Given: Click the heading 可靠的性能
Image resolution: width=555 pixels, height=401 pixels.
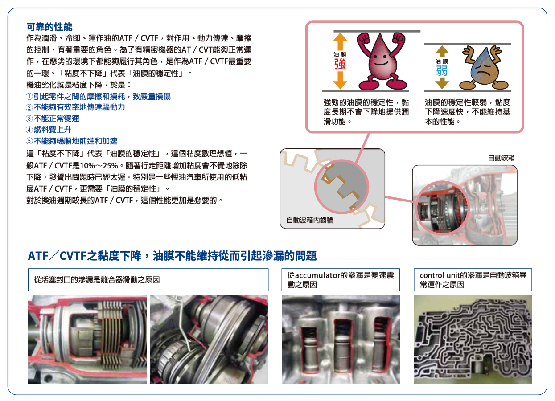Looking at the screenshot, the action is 49,27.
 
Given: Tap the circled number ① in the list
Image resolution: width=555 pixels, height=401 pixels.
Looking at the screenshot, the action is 29,96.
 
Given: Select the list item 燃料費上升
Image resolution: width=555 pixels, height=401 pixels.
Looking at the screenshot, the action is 52,130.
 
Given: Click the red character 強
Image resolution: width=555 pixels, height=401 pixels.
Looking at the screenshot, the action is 340,64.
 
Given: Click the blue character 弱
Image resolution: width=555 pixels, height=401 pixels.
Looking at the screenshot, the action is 442,71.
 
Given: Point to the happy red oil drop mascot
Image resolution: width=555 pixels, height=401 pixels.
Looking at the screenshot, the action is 381,61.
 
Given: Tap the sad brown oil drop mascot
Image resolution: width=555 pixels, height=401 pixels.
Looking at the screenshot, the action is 483,68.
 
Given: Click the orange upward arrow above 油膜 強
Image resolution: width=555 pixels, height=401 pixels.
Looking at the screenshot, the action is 340,41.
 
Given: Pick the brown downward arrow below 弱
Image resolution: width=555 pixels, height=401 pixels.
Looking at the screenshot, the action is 442,83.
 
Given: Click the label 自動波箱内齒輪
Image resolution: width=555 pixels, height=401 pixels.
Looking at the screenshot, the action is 309,220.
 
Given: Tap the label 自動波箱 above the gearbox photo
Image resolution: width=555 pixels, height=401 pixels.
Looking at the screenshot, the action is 501,158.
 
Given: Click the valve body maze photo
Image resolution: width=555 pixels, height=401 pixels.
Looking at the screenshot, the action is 473,340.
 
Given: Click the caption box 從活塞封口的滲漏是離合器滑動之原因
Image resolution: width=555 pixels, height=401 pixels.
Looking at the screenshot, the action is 148,280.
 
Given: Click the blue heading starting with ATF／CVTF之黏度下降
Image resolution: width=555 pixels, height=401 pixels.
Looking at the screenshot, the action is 172,256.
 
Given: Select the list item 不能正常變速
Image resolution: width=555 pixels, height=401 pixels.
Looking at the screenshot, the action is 56,119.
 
